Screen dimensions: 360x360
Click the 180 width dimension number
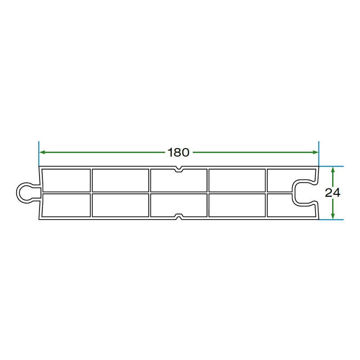(178, 153)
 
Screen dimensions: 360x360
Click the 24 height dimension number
(333, 193)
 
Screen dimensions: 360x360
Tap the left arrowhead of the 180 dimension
(42, 152)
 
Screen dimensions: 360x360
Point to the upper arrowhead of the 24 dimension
(333, 170)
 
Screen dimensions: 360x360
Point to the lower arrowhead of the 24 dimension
(333, 216)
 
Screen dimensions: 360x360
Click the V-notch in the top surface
(179, 170)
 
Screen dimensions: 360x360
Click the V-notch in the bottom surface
(179, 216)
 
